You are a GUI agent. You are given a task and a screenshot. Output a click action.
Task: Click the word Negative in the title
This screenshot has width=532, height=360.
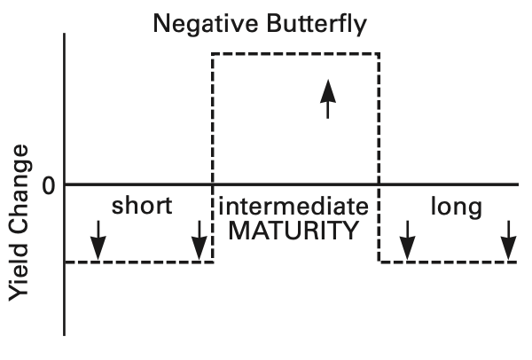click(206, 25)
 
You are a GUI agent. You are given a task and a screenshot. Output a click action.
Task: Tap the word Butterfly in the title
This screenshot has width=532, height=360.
click(317, 25)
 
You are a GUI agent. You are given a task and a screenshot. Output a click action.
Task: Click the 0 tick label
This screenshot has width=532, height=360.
click(49, 186)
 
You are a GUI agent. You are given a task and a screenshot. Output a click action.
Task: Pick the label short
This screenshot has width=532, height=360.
click(142, 206)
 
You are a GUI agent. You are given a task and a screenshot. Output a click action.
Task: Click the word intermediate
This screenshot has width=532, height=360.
click(293, 207)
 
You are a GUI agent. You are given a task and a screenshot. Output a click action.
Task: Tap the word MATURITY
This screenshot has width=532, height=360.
click(293, 231)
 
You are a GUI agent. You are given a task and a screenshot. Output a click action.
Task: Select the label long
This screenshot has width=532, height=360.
click(457, 207)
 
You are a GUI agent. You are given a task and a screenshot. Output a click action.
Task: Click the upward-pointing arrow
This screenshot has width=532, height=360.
click(328, 99)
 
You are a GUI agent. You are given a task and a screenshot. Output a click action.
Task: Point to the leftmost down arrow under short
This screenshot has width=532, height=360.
click(98, 240)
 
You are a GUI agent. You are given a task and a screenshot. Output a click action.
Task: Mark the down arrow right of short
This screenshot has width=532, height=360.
click(199, 240)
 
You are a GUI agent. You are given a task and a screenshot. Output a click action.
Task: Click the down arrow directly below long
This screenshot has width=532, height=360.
click(408, 240)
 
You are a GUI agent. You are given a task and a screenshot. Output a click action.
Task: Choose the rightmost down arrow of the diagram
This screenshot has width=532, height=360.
click(509, 240)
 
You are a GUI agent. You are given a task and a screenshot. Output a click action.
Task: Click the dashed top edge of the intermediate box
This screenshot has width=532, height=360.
click(295, 53)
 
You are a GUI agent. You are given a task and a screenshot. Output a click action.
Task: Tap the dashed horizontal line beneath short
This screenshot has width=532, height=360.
click(139, 262)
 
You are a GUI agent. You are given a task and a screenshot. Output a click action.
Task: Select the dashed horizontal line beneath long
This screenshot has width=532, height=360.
click(448, 262)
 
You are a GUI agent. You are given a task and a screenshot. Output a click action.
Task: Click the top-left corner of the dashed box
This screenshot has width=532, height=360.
click(213, 53)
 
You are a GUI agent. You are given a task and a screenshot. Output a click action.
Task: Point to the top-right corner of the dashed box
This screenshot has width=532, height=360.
click(379, 53)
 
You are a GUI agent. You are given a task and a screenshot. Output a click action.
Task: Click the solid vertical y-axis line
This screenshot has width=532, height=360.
click(65, 184)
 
